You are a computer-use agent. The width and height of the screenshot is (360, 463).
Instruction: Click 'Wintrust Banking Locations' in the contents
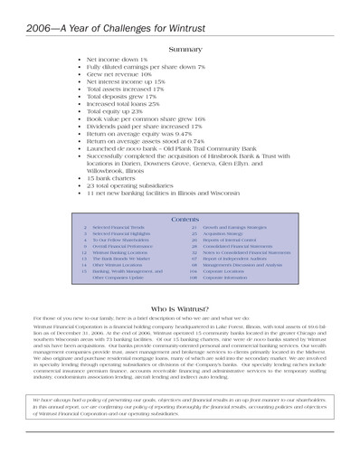122,253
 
